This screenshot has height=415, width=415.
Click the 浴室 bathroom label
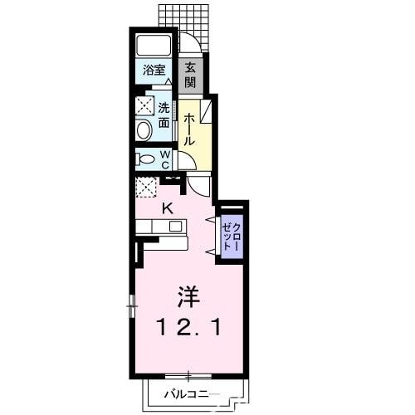[x=154, y=70]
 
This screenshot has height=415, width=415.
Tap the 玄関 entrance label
[x=190, y=76]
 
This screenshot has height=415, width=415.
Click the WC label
[x=165, y=158]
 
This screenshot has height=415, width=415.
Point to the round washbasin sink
[x=144, y=129]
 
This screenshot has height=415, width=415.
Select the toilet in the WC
[x=145, y=159]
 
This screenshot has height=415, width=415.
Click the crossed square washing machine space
[x=145, y=105]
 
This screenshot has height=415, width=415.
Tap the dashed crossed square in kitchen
[x=146, y=188]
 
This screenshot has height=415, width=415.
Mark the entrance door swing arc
[x=188, y=42]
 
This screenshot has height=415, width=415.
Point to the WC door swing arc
[x=185, y=161]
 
